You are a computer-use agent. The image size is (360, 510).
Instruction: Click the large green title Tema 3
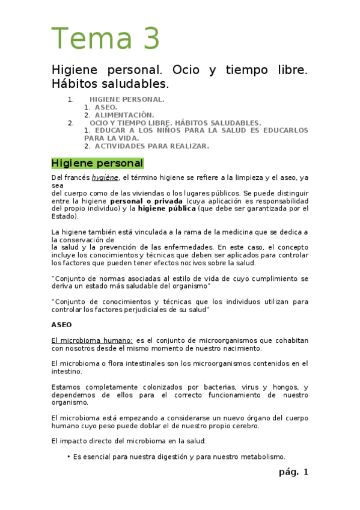coord(106,38)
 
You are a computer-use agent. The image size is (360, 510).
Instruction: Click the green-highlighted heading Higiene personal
coord(97,163)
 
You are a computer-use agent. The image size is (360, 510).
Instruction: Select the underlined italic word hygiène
coord(105,178)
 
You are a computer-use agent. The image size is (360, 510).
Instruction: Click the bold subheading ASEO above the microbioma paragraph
coord(61,324)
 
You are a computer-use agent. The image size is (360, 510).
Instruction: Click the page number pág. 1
coord(293,472)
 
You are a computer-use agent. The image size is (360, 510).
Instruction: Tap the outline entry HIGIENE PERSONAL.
coord(127,99)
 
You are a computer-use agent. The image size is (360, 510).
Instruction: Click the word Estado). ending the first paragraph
coord(65,217)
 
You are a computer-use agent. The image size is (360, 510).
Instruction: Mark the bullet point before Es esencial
coord(69,456)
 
